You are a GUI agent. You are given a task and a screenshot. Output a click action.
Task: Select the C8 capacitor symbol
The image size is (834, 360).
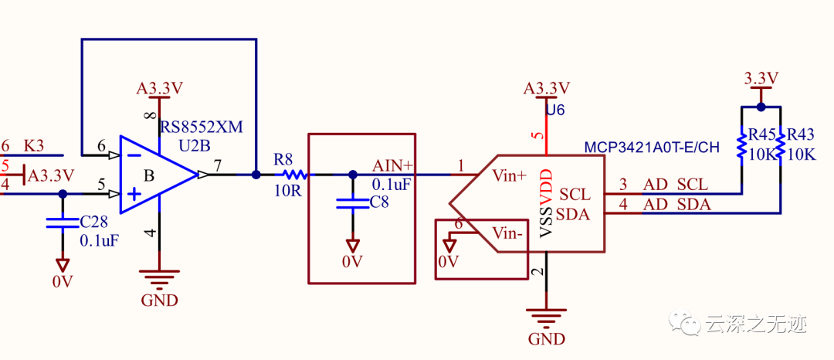tap(353, 204)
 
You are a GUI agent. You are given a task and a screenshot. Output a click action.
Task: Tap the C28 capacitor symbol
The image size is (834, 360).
tap(63, 222)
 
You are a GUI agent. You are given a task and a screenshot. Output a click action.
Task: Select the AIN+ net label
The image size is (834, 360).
tap(393, 165)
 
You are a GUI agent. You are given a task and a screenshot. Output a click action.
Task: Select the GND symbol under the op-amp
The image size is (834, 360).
tap(159, 281)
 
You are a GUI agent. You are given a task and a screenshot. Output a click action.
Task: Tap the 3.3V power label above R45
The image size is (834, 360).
tap(761, 78)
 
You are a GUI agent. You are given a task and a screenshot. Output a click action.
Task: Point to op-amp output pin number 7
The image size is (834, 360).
tap(219, 165)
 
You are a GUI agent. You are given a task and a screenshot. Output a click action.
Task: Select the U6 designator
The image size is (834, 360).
tap(554, 110)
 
